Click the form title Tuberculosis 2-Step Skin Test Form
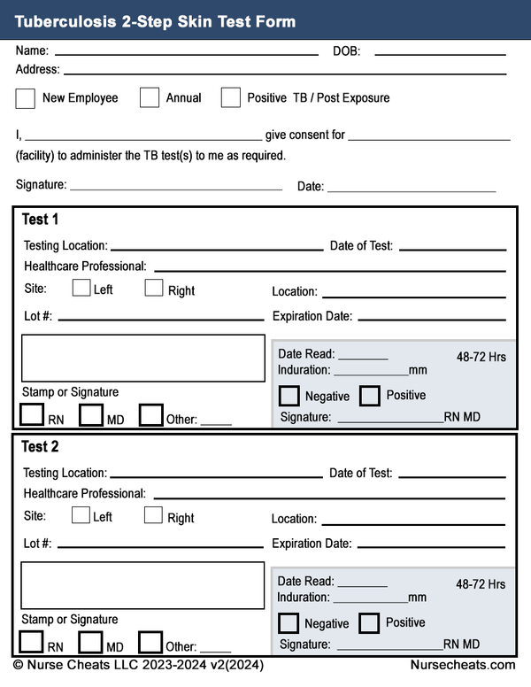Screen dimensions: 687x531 pyautogui.click(x=155, y=21)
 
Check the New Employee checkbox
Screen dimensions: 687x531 pyautogui.click(x=26, y=97)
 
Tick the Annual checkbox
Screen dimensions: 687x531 pyautogui.click(x=150, y=97)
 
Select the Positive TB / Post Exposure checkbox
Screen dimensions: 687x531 pyautogui.click(x=231, y=97)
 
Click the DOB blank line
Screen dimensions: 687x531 pyautogui.click(x=440, y=53)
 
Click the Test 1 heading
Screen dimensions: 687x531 pyautogui.click(x=40, y=220)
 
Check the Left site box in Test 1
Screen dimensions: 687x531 pyautogui.click(x=81, y=288)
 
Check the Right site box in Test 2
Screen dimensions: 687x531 pyautogui.click(x=153, y=515)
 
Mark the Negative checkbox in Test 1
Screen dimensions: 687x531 pyautogui.click(x=289, y=396)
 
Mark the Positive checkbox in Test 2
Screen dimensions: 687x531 pyautogui.click(x=369, y=623)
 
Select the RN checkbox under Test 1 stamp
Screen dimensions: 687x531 pyautogui.click(x=32, y=414)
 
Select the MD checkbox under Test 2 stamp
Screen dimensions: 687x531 pyautogui.click(x=91, y=642)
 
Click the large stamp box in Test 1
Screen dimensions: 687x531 pyautogui.click(x=142, y=358)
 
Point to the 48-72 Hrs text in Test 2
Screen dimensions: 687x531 pyautogui.click(x=481, y=584)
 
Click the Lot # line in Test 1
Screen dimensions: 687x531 pyautogui.click(x=160, y=318)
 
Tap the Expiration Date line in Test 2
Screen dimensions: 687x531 pyautogui.click(x=431, y=546)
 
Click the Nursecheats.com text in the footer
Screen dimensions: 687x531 pyautogui.click(x=462, y=665)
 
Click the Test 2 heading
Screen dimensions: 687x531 pyautogui.click(x=40, y=447)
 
